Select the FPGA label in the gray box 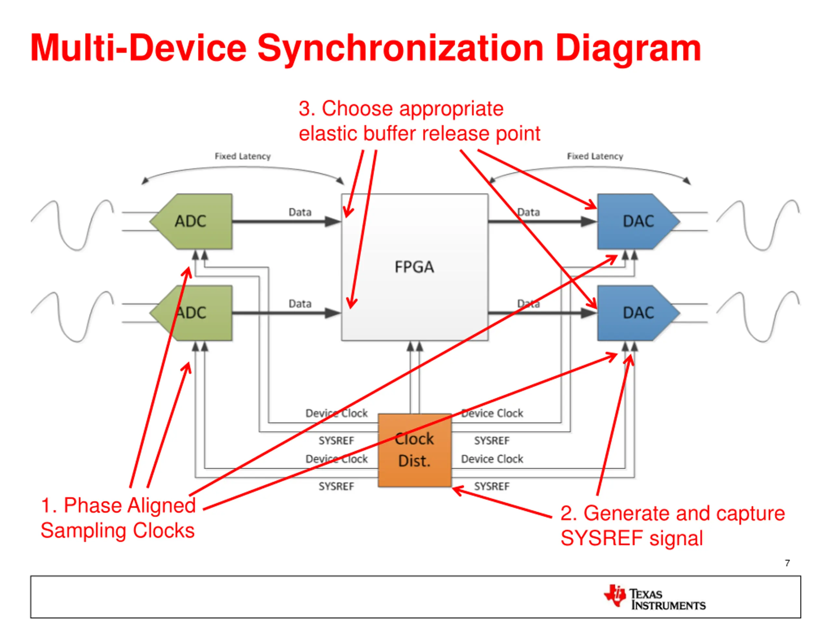click(414, 267)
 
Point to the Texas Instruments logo click(655, 596)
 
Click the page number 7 click(787, 563)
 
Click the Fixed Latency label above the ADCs click(242, 156)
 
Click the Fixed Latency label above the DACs click(595, 156)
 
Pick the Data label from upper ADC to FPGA click(300, 212)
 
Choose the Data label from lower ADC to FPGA click(300, 304)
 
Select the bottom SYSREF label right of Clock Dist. click(492, 486)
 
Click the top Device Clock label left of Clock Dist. click(336, 413)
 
